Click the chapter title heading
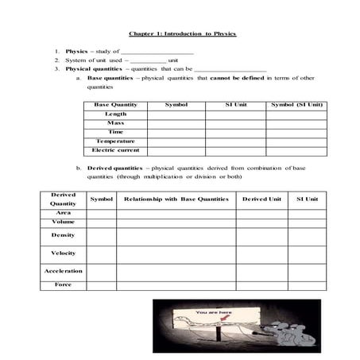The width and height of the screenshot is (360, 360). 182,34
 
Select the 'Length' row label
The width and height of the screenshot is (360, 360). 115,114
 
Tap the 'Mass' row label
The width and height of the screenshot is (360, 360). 115,123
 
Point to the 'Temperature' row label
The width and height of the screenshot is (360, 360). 115,141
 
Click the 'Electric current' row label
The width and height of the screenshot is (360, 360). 115,149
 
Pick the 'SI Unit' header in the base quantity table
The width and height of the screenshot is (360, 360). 235,105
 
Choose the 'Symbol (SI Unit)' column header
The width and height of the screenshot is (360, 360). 296,105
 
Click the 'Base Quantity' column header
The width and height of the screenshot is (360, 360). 115,105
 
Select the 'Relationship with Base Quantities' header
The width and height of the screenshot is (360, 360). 176,199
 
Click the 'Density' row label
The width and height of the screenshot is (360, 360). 63,235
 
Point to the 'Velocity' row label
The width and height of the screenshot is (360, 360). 63,253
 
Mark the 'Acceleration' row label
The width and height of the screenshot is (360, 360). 63,271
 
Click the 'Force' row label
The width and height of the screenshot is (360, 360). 63,285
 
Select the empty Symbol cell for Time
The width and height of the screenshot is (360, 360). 176,132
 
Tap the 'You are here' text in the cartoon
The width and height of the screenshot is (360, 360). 214,312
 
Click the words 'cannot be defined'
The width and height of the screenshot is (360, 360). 238,79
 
